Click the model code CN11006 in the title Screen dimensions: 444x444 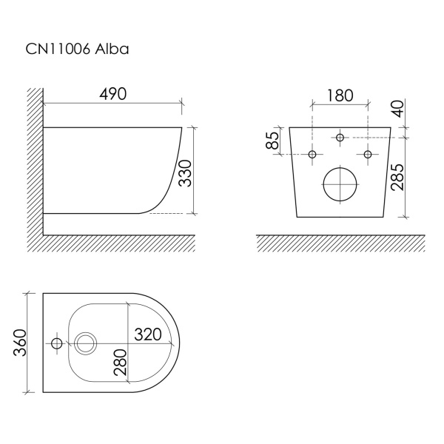[x=58, y=49]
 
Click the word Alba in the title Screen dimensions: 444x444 [x=112, y=49]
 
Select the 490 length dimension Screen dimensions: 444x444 [x=112, y=94]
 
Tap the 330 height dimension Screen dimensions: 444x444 [x=185, y=173]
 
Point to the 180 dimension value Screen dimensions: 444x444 [x=340, y=95]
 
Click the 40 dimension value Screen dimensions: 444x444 [x=398, y=109]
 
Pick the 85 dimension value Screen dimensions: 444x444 [x=272, y=141]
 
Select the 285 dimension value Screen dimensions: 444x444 [x=397, y=177]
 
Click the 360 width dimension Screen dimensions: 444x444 [x=21, y=343]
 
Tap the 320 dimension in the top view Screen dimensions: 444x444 [x=147, y=334]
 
